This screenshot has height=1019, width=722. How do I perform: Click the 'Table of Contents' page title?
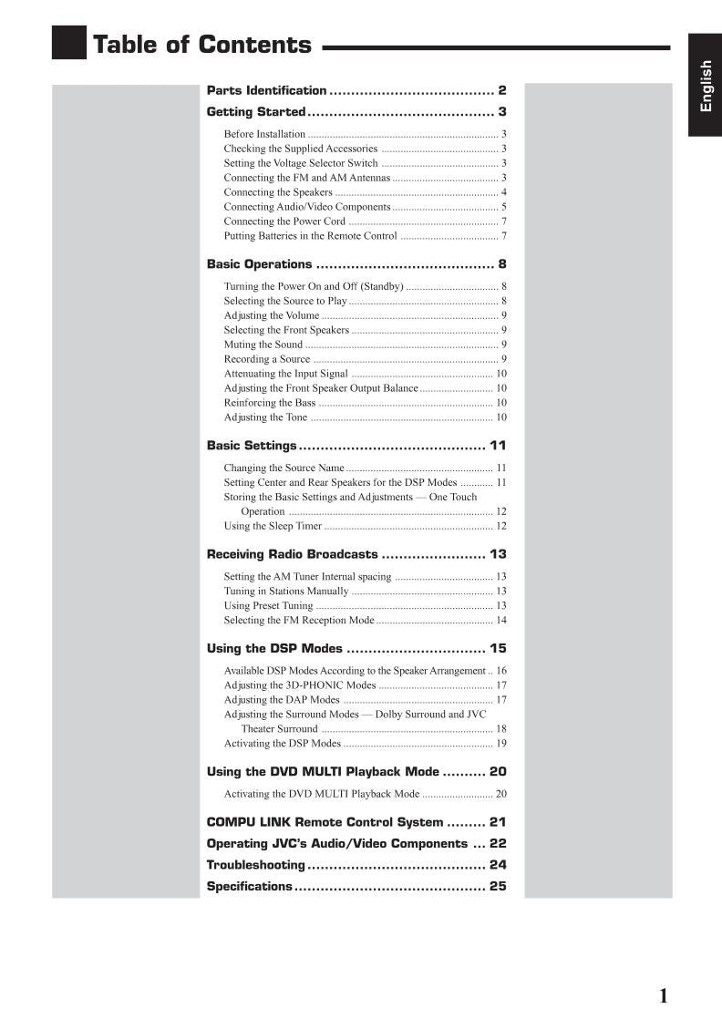tap(202, 45)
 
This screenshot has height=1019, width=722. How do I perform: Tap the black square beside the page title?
tap(68, 43)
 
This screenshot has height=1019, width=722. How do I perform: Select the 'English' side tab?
tap(705, 86)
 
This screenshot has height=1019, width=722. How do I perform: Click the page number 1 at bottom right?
tap(663, 995)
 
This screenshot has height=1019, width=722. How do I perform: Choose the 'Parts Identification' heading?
tap(266, 90)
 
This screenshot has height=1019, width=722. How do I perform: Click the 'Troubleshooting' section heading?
tap(255, 865)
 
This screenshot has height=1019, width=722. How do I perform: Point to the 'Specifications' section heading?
tap(250, 887)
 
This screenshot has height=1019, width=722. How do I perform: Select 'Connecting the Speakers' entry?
tap(278, 192)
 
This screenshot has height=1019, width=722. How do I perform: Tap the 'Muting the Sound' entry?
tap(263, 345)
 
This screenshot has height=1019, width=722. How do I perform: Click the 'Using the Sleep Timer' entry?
tap(273, 526)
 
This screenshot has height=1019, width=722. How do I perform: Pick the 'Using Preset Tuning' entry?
tap(268, 606)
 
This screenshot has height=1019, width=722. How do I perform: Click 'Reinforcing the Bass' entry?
tap(270, 403)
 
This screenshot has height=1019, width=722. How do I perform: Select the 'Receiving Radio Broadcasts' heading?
tap(292, 554)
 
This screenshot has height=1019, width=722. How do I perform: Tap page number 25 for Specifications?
tap(497, 887)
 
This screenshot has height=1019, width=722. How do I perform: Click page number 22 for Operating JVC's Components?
tap(497, 844)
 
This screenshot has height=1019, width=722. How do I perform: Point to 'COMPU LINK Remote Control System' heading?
tap(325, 822)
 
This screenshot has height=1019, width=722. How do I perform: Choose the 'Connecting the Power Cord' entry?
tap(284, 221)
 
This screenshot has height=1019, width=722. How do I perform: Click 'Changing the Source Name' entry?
tap(284, 468)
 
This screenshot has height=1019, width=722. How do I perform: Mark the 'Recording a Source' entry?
tap(267, 359)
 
